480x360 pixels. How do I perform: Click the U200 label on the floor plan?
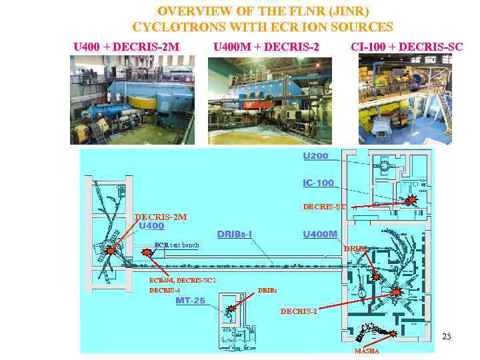(315, 156)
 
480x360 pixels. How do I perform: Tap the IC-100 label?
(318, 183)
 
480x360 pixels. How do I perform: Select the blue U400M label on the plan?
(320, 234)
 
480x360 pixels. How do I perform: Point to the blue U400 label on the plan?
(151, 226)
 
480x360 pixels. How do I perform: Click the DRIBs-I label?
(235, 234)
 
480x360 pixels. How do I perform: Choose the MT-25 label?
(190, 301)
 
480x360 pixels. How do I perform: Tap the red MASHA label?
(367, 351)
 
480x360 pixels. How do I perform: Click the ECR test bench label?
(177, 245)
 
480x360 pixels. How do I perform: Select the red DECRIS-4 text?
(165, 290)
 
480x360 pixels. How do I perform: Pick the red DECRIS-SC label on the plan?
(325, 207)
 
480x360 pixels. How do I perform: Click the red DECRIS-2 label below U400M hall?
(299, 311)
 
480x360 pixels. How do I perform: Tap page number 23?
(447, 337)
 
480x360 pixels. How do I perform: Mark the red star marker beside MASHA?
(394, 333)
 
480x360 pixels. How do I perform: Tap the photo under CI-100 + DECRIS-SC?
(405, 100)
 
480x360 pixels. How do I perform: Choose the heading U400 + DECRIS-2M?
(126, 47)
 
